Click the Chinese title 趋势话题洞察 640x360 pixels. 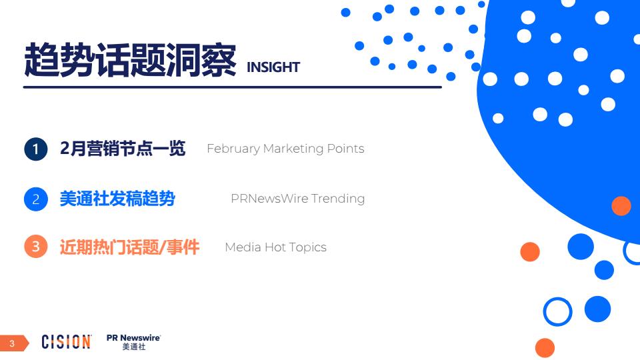(x=130, y=60)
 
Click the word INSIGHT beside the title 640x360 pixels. (x=273, y=67)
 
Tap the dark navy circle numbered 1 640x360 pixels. (x=36, y=149)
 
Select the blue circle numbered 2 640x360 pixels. (x=36, y=199)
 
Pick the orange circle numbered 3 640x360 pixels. (x=36, y=247)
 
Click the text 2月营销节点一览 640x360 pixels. (x=123, y=148)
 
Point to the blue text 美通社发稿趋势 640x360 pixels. (x=117, y=199)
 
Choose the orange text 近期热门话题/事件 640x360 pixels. (x=129, y=247)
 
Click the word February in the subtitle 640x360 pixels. (x=233, y=149)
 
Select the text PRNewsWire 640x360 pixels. (x=269, y=199)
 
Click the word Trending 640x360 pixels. (x=338, y=199)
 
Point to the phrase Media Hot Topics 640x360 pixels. (x=276, y=247)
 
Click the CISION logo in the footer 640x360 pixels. (x=66, y=341)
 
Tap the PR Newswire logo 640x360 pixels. (x=134, y=342)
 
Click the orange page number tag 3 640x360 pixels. (x=14, y=343)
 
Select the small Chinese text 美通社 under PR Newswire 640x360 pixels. (x=134, y=347)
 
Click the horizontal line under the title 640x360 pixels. (x=233, y=87)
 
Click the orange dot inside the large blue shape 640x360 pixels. (x=621, y=206)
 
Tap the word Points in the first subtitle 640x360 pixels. (x=346, y=149)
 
